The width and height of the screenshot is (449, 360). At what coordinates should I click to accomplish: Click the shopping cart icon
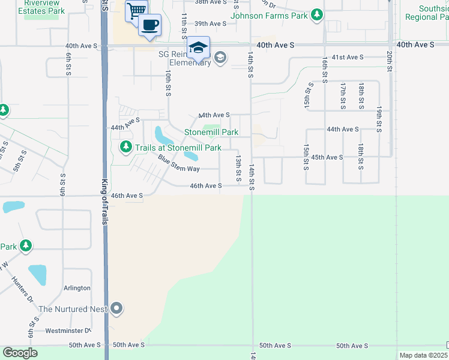point(137,11)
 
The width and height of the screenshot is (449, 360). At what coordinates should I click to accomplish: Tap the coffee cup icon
point(149,25)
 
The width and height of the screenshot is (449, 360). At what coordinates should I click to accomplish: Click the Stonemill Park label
point(211,132)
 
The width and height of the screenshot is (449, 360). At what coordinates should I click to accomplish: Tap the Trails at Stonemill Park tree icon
point(125,146)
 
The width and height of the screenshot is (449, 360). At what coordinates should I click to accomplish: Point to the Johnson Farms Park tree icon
point(316,16)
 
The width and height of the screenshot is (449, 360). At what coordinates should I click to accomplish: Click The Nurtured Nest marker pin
point(116,309)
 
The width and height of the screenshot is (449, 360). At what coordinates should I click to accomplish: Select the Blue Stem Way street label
point(179,164)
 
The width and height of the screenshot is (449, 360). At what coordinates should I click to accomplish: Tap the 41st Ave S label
point(348,57)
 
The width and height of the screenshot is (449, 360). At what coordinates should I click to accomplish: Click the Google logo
point(20,353)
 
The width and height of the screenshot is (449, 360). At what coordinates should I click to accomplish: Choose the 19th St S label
point(379,120)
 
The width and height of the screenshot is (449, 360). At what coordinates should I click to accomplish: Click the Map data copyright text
point(423,355)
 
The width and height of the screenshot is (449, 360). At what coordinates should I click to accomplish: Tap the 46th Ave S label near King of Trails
point(127,196)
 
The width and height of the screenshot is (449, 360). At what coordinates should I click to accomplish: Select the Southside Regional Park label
point(426,13)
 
